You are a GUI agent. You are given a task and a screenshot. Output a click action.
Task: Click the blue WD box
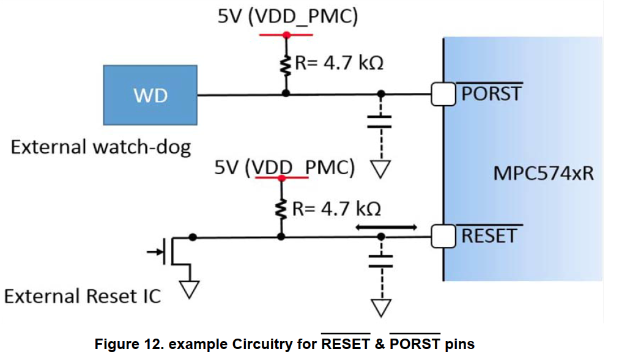tap(150, 95)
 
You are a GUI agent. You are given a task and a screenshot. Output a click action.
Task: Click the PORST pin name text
tap(491, 94)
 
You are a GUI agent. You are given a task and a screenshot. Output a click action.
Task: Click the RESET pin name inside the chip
tap(489, 236)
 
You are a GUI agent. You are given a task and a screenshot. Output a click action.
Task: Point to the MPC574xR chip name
tap(543, 174)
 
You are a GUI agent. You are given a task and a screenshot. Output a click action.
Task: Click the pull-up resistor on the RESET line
tap(281, 210)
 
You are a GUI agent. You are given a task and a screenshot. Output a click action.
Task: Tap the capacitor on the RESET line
tap(381, 261)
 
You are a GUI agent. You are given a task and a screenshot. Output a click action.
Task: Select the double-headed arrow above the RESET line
tap(386, 227)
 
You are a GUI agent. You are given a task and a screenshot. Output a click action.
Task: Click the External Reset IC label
tap(82, 296)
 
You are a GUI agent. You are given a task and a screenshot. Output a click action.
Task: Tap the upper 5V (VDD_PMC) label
tap(287, 17)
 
